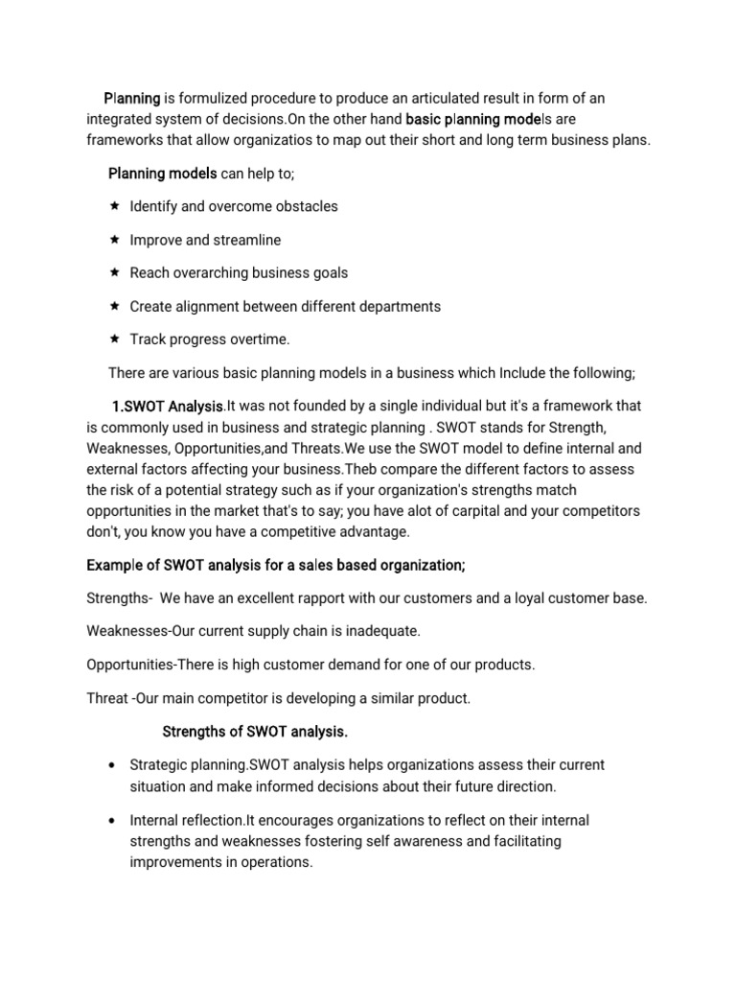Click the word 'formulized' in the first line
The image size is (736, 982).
coord(213,99)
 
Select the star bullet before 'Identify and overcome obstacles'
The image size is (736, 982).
coord(114,206)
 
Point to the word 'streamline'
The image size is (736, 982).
coord(248,240)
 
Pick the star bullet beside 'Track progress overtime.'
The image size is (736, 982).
coord(114,339)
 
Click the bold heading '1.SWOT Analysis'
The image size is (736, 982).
coord(167,407)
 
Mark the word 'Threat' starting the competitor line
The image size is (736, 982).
coord(108,698)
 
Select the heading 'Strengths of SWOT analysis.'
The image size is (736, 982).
coord(255,732)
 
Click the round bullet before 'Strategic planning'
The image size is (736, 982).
coord(114,766)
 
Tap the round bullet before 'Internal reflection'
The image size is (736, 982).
coord(114,821)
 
